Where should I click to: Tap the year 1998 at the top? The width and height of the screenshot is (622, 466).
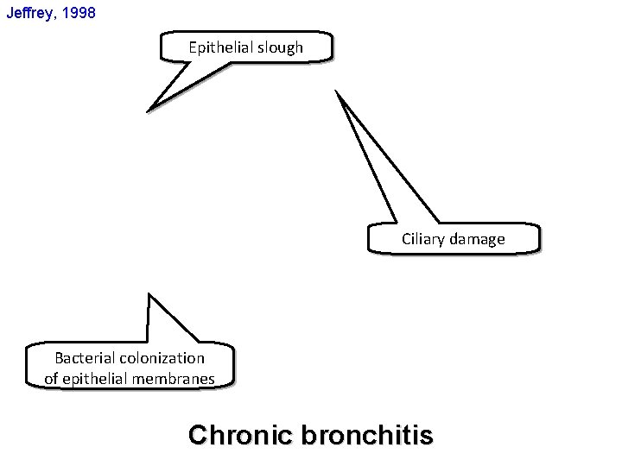pyautogui.click(x=86, y=14)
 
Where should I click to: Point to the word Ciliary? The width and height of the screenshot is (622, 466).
pyautogui.click(x=421, y=239)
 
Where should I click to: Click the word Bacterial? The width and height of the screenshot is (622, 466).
pyautogui.click(x=84, y=357)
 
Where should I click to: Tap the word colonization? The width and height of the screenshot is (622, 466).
pyautogui.click(x=162, y=357)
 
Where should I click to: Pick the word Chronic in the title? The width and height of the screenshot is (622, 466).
pyautogui.click(x=240, y=435)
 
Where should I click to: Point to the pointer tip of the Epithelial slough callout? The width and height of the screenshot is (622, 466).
pyautogui.click(x=149, y=110)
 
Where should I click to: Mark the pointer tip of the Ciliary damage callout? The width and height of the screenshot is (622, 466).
pyautogui.click(x=338, y=91)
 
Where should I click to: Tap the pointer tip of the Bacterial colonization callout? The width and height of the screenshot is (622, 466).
pyautogui.click(x=149, y=294)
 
